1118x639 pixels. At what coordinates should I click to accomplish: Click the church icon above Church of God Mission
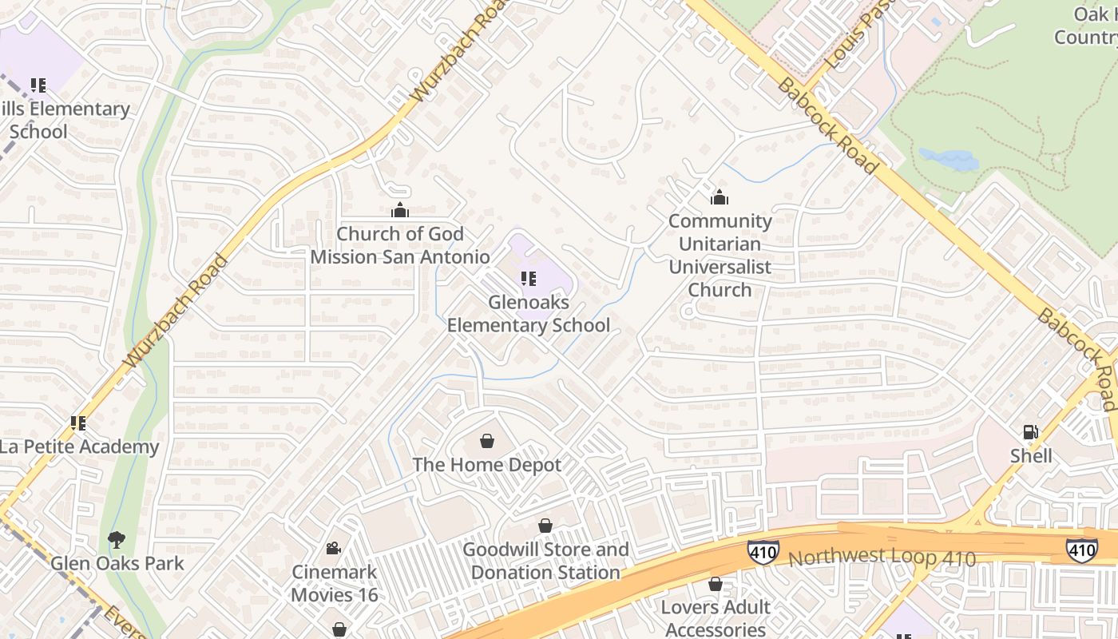[x=400, y=210]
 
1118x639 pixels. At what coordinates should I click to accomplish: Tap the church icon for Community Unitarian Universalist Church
[x=720, y=197]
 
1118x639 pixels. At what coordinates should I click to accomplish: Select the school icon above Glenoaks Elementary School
[x=528, y=279]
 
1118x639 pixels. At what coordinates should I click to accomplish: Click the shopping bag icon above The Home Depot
[x=487, y=441]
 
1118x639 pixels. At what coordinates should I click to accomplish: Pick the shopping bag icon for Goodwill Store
[x=545, y=526]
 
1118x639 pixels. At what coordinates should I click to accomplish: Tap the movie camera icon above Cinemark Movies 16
[x=334, y=548]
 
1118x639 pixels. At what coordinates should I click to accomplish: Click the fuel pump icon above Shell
[x=1031, y=432]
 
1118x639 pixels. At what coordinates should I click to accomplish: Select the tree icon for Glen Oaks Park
[x=117, y=540]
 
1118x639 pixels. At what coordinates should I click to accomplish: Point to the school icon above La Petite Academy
[x=78, y=423]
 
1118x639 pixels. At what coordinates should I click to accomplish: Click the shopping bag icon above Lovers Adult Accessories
[x=716, y=584]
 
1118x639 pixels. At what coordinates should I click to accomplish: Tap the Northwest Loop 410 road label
[x=882, y=556]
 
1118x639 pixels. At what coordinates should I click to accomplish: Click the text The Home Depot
[x=487, y=465]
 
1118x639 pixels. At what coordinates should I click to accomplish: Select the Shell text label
[x=1031, y=456]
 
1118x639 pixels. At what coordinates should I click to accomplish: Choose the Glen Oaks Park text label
[x=117, y=563]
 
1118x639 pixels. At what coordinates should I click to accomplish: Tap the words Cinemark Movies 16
[x=334, y=584]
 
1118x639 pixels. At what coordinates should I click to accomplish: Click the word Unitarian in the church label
[x=720, y=244]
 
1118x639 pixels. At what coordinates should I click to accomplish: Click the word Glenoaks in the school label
[x=528, y=302]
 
